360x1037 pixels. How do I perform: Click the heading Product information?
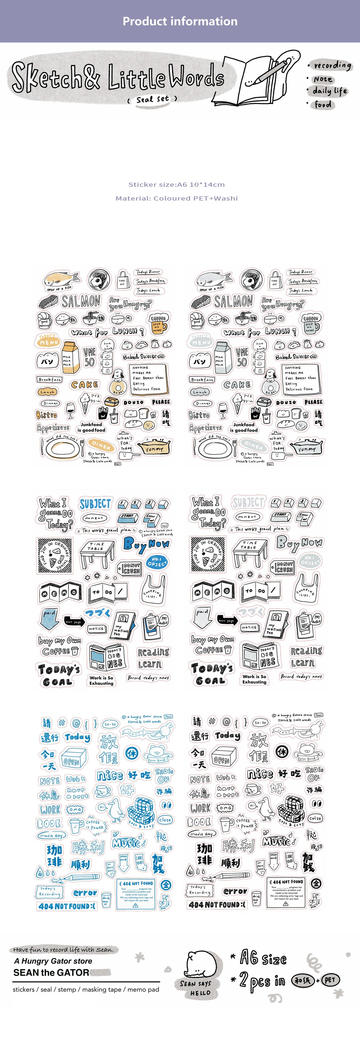pos(180,21)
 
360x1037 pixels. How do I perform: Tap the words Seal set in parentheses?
pos(152,99)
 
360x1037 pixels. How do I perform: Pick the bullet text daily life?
pos(329,91)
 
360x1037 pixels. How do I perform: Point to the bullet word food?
pos(323,105)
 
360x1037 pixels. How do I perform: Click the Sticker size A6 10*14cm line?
pos(176,185)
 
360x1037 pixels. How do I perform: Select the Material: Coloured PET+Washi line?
pos(176,198)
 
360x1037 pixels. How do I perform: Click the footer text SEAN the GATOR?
pos(51,972)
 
